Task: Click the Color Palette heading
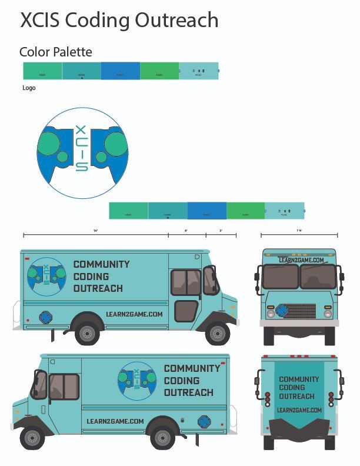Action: (56, 52)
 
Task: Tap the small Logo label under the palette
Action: (29, 88)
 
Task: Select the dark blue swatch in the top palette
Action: (120, 71)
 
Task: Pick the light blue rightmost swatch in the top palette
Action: (199, 71)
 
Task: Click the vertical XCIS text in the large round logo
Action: (81, 148)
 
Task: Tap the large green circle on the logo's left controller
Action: (49, 144)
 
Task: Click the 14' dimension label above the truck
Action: (95, 231)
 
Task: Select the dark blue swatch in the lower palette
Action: (206, 211)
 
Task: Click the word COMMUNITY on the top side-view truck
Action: (101, 264)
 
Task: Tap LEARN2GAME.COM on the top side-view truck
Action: (135, 314)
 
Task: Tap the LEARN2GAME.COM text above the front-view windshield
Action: (301, 259)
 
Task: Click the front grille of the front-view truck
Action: (300, 311)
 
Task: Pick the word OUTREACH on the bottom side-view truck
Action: (188, 392)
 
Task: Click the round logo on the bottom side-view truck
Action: (137, 380)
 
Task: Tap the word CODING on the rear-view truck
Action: (292, 388)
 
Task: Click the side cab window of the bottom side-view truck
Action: (63, 386)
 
